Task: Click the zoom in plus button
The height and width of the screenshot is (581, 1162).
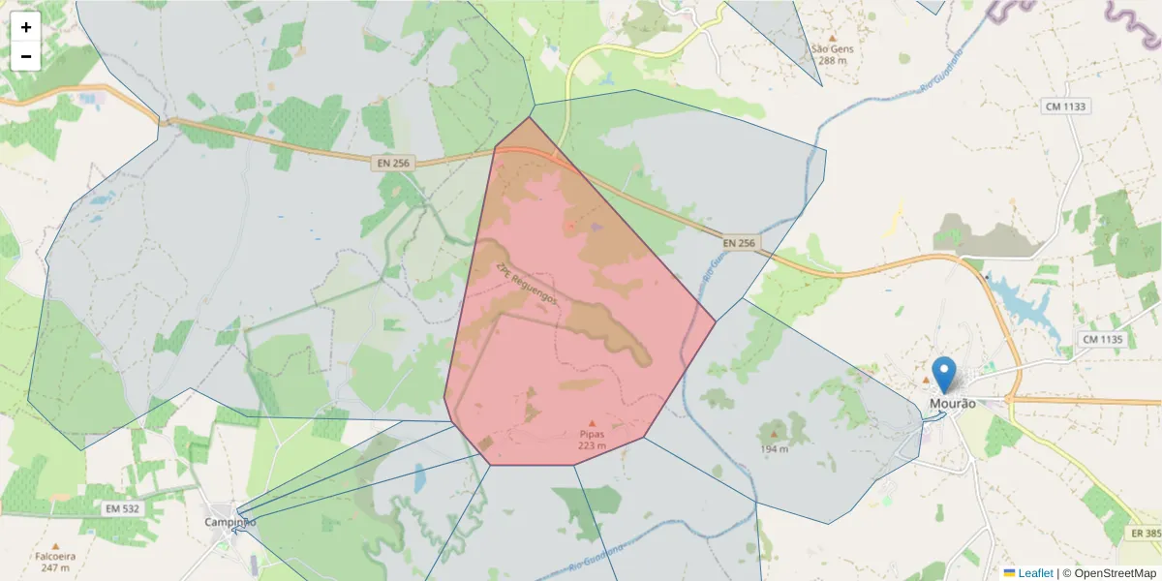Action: pos(26,27)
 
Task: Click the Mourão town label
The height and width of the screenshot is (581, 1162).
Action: pos(952,404)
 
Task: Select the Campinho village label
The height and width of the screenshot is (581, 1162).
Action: pos(230,522)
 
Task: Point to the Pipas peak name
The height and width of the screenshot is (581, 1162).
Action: pos(592,434)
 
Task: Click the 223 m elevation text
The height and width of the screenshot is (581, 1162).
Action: pos(592,445)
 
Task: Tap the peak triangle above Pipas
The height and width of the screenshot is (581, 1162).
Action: pos(592,423)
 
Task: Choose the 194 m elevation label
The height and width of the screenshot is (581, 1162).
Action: pos(774,449)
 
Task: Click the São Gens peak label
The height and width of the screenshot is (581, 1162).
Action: pos(832,48)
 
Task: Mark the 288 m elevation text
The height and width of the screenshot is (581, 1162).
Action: pos(832,60)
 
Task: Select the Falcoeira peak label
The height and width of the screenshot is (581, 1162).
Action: pos(55,557)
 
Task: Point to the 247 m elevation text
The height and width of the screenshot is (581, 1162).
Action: pos(55,568)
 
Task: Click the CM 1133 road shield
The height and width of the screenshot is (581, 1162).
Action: pos(1065,106)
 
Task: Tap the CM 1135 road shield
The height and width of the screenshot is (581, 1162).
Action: pos(1102,340)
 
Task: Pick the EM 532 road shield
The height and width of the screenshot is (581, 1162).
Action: pos(121,508)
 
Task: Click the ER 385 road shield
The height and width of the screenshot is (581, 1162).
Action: pos(1145,534)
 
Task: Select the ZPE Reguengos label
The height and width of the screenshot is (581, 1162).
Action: pos(527,285)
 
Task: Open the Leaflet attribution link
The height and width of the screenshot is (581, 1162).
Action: pos(1034,573)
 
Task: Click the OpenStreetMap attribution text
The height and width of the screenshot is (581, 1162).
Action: pos(1115,573)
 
